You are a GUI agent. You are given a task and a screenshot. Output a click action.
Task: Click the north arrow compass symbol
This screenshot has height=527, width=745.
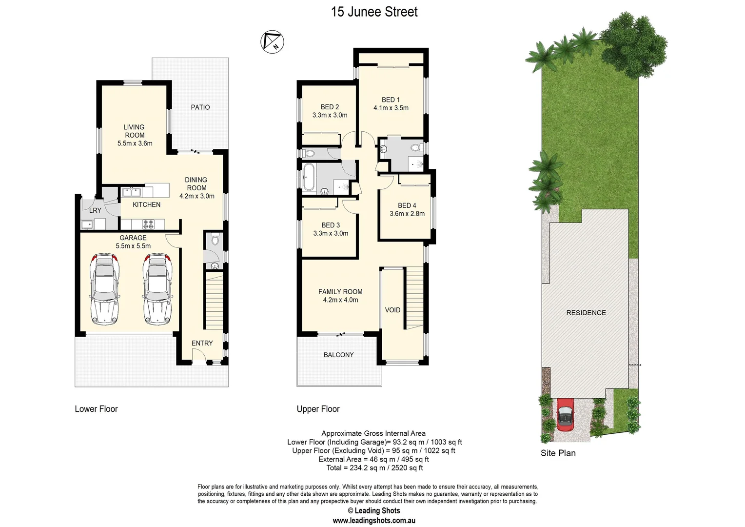click(272, 41)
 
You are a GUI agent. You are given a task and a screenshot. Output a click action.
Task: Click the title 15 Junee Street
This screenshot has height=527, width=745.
click(374, 12)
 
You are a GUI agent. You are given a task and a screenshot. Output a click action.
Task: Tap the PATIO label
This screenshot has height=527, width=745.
click(200, 107)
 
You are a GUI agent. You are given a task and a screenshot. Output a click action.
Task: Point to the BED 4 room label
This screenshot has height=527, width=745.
click(407, 205)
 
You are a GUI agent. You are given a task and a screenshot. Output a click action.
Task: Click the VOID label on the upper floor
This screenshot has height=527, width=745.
click(392, 310)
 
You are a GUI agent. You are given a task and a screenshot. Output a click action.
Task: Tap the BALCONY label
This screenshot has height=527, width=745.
click(338, 355)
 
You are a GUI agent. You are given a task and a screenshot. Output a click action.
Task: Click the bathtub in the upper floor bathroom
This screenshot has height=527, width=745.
click(309, 177)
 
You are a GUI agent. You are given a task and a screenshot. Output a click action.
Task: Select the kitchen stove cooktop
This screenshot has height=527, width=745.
click(148, 224)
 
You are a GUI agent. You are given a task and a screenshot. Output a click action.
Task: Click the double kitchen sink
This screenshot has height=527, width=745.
click(131, 192)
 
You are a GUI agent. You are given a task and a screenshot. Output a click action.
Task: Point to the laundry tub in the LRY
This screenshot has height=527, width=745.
click(88, 224)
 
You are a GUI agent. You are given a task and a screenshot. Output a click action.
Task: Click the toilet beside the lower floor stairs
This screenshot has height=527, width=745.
click(215, 240)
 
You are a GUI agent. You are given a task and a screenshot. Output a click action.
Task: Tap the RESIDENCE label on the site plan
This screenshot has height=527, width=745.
click(586, 313)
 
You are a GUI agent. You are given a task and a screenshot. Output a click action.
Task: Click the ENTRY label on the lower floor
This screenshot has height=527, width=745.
click(202, 343)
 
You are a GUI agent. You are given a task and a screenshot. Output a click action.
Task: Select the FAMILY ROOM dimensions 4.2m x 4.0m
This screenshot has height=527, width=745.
click(340, 300)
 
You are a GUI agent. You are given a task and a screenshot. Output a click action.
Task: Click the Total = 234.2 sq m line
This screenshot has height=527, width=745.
click(374, 468)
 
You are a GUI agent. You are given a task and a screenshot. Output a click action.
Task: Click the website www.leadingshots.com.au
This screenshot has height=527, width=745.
click(374, 521)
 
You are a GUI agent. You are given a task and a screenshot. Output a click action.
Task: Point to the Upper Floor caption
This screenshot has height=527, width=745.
click(318, 409)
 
